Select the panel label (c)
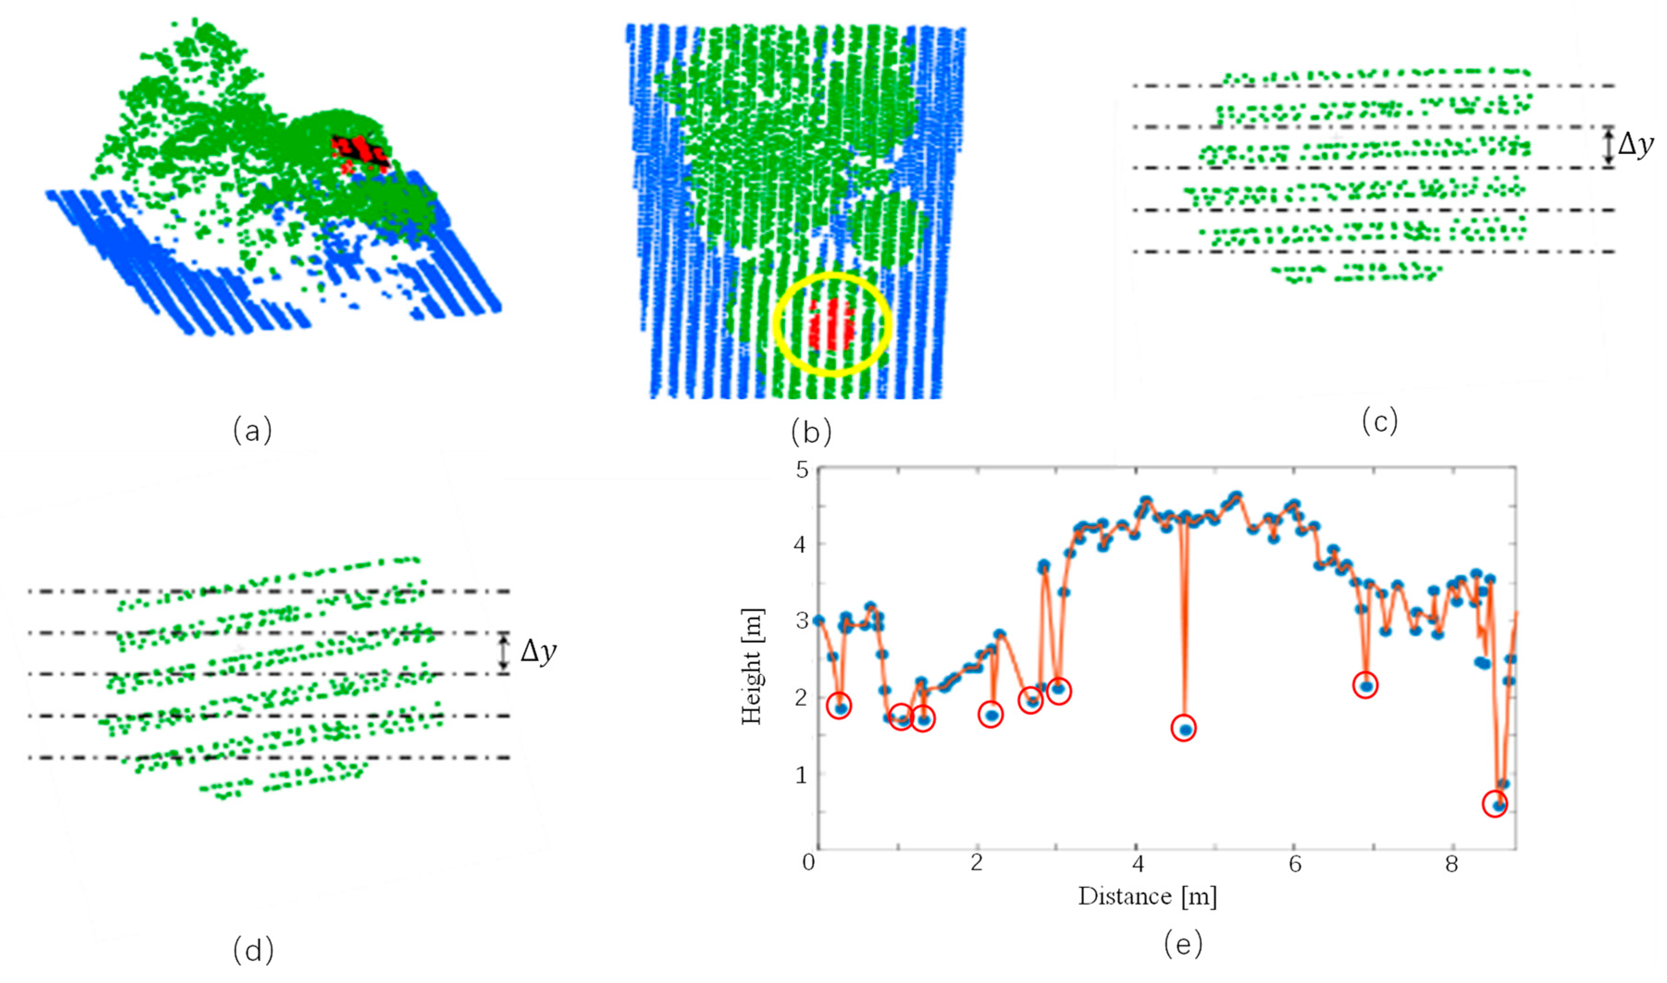pyautogui.click(x=1380, y=421)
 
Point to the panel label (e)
pyautogui.click(x=1183, y=945)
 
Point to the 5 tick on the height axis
pyautogui.click(x=803, y=470)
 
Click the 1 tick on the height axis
pyautogui.click(x=803, y=774)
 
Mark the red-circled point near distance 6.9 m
pyautogui.click(x=1365, y=685)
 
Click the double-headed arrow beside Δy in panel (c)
pyautogui.click(x=1608, y=146)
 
